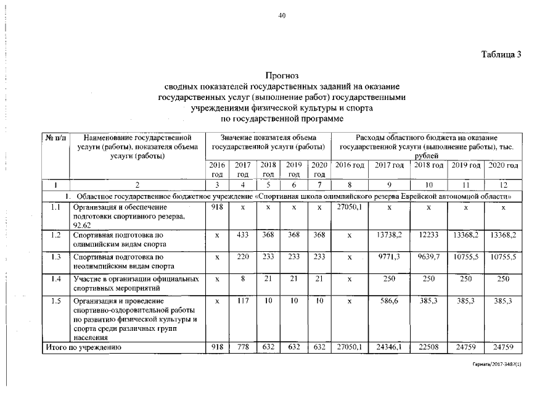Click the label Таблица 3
pyautogui.click(x=501, y=54)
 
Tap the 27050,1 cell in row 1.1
pyautogui.click(x=350, y=208)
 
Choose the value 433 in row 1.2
pyautogui.click(x=243, y=235)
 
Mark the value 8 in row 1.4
pyautogui.click(x=243, y=278)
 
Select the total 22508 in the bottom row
pyautogui.click(x=429, y=348)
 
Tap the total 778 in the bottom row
pyautogui.click(x=243, y=348)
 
